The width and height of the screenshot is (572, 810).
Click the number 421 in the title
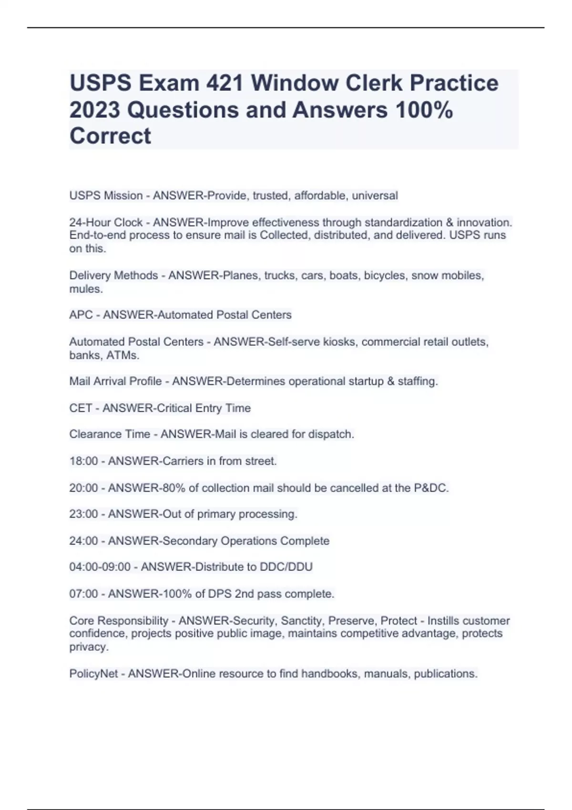[x=224, y=83]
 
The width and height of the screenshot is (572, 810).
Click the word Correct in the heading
[x=110, y=136]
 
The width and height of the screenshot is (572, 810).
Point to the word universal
[x=375, y=196]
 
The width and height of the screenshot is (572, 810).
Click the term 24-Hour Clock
[x=106, y=223]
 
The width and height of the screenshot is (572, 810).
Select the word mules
[x=85, y=289]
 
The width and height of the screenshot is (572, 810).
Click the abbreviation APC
[x=81, y=315]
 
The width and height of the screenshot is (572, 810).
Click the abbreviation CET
[x=81, y=408]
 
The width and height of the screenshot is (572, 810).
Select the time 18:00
[x=83, y=461]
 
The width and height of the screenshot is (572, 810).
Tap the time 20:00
[x=83, y=488]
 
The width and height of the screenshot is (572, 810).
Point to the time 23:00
[x=83, y=515]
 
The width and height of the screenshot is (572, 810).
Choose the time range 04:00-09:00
[x=100, y=567]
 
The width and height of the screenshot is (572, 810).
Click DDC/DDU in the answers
[x=286, y=567]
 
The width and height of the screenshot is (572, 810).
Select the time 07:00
[x=83, y=594]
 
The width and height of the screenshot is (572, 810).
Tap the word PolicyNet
[x=93, y=674]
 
